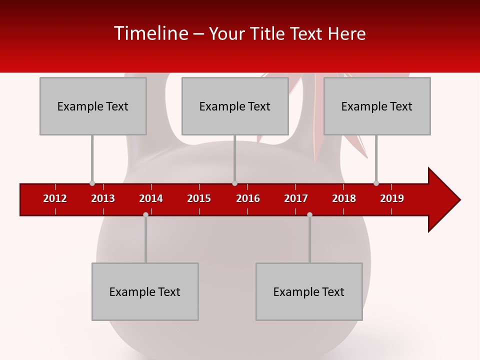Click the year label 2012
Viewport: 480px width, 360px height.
[55, 198]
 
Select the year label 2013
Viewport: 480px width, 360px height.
[103, 198]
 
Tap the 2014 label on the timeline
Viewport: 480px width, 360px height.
[151, 198]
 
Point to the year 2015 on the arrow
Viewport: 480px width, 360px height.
[199, 198]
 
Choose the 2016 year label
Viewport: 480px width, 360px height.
[248, 198]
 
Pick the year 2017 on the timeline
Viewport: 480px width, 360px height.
[296, 198]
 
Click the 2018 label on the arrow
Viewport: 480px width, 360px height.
[344, 198]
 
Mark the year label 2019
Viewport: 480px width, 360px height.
[392, 198]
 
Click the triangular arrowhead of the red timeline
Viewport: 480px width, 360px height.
[443, 200]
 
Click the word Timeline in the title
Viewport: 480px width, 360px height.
[150, 33]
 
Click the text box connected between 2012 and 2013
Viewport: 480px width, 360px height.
[93, 106]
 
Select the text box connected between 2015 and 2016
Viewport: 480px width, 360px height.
[235, 106]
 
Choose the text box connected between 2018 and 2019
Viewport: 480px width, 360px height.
[377, 106]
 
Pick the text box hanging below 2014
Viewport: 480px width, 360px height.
[145, 291]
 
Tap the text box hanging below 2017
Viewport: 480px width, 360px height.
[309, 291]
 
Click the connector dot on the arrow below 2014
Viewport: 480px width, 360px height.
[145, 214]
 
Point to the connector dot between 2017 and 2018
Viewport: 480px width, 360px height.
[309, 214]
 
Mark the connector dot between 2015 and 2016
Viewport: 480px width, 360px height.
[234, 183]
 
